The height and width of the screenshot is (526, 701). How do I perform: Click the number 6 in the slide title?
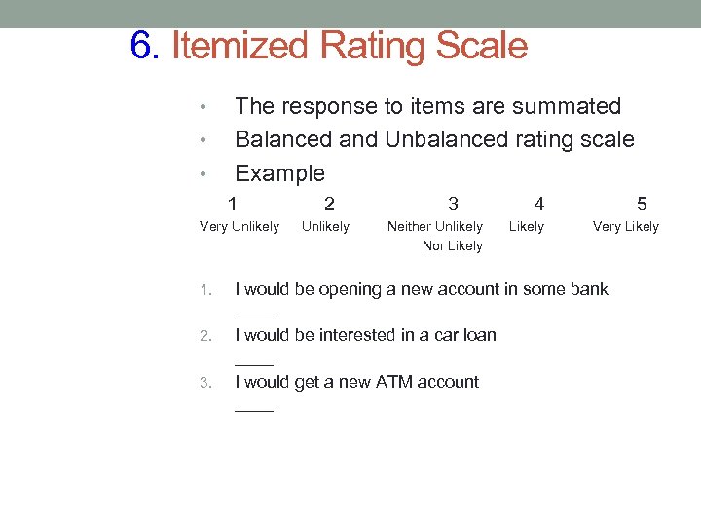[x=142, y=46]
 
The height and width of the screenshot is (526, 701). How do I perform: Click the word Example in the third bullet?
[x=279, y=174]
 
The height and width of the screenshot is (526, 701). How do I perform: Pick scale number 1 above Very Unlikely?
[x=232, y=204]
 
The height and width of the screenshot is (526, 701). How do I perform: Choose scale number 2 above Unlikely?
[x=329, y=204]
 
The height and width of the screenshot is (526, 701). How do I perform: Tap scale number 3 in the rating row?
[x=453, y=204]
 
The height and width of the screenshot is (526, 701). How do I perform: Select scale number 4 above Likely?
[x=539, y=204]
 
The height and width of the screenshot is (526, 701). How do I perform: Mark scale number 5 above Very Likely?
[x=641, y=204]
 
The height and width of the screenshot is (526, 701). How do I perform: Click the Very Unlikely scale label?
[x=239, y=227]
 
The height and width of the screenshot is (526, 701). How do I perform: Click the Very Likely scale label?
[x=626, y=227]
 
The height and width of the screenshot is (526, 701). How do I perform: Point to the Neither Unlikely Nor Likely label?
[x=435, y=236]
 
